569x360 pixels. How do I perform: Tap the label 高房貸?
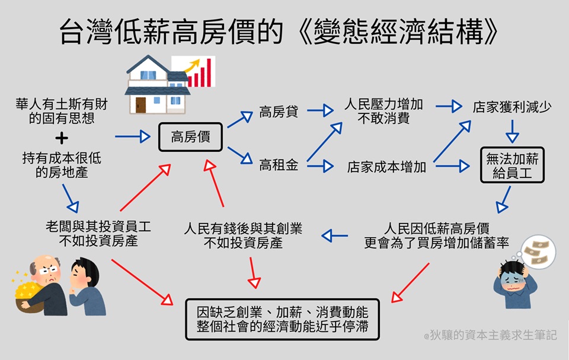pyautogui.click(x=279, y=111)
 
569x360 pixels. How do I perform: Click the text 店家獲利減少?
pyautogui.click(x=512, y=108)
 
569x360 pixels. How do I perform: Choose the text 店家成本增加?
pyautogui.click(x=386, y=167)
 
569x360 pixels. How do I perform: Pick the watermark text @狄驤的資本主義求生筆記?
pyautogui.click(x=490, y=335)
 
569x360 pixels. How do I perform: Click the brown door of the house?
pyautogui.click(x=140, y=104)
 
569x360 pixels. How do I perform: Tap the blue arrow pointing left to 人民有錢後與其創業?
pyautogui.click(x=335, y=236)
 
